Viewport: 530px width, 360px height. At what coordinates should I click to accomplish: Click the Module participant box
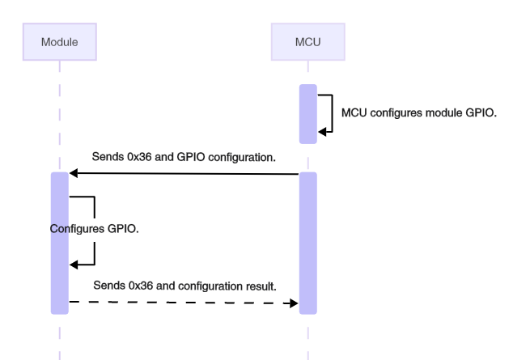point(59,41)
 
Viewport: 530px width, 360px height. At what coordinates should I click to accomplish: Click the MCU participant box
point(307,41)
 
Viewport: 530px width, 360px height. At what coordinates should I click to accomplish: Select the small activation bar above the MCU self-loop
point(307,112)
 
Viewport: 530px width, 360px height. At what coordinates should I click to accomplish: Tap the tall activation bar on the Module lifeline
point(59,243)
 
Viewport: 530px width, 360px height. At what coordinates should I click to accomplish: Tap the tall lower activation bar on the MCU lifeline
point(307,243)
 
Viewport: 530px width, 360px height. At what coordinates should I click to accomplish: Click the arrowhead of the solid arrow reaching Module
point(74,173)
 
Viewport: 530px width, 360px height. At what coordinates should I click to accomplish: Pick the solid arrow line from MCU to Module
point(186,173)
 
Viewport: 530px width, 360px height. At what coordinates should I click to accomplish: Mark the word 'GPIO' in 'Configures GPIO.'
point(122,228)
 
